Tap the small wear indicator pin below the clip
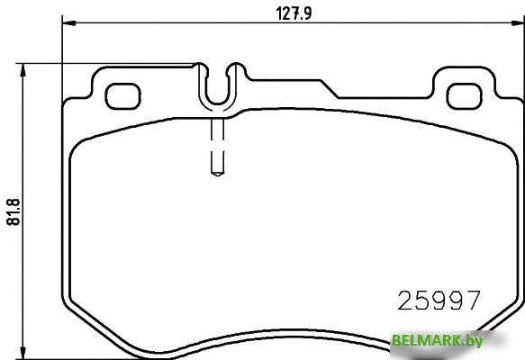pos(216,148)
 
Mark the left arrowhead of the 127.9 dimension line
pos(66,24)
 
